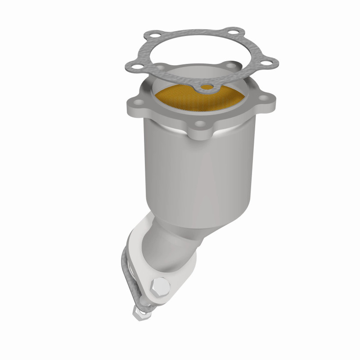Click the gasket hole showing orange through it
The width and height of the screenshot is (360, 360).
point(205,86)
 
